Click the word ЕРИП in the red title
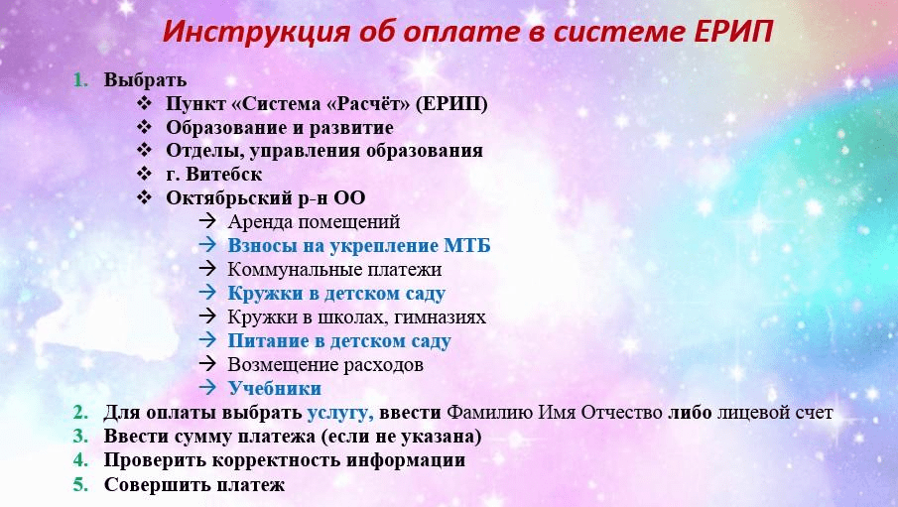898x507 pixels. pos(733,32)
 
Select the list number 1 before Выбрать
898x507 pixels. pos(80,80)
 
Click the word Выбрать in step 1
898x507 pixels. pos(145,80)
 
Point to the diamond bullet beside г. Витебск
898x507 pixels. pos(144,174)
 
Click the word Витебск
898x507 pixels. pos(224,174)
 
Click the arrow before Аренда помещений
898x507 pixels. pos(207,220)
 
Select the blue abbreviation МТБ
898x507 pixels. pos(467,245)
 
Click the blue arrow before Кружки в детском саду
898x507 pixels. pos(207,292)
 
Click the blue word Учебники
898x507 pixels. pos(275,388)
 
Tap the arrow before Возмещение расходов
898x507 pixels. pos(207,363)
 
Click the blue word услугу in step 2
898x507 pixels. pos(340,413)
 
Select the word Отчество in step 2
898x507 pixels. pos(622,413)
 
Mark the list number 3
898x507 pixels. pos(80,437)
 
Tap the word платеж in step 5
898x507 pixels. pos(249,485)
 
